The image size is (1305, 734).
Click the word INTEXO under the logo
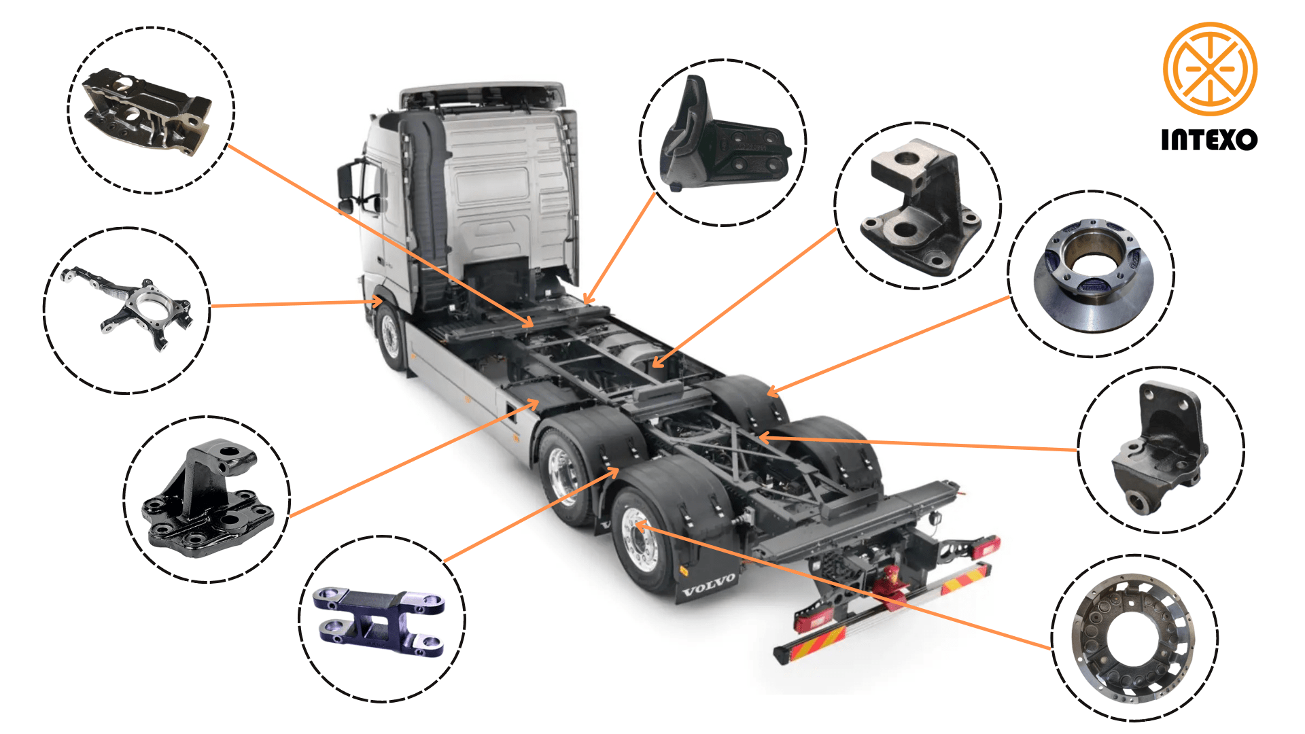[x=1209, y=139]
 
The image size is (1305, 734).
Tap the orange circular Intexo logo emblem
[x=1210, y=69]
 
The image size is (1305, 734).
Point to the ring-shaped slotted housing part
[x=1132, y=638]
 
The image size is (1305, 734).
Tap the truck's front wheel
[x=391, y=336]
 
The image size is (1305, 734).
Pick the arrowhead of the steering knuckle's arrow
[x=377, y=301]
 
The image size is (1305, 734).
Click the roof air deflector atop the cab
[x=483, y=94]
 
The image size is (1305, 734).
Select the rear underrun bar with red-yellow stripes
[x=884, y=612]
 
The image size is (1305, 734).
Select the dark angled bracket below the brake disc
[x=1159, y=449]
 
